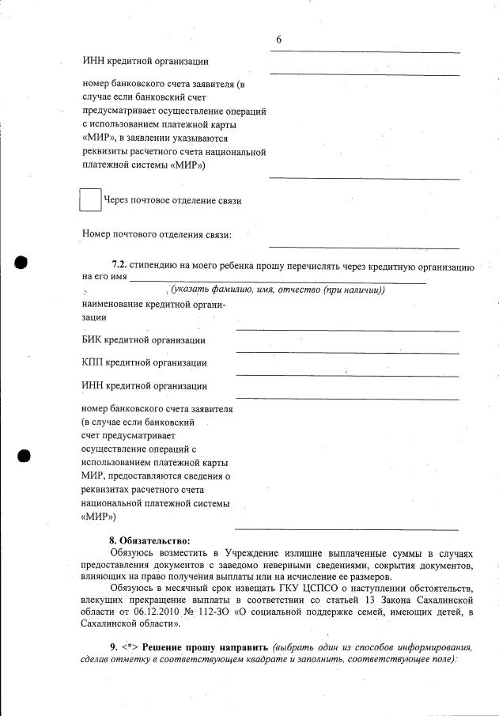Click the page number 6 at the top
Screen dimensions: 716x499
tap(279, 40)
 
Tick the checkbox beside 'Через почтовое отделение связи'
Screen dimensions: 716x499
tap(91, 200)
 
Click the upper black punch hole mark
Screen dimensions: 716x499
tap(22, 261)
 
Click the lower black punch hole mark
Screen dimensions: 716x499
tap(22, 456)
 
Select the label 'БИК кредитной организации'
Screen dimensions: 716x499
tap(144, 340)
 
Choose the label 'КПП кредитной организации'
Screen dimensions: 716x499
tap(144, 363)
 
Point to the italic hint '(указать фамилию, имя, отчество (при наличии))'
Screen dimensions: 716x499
tap(271, 290)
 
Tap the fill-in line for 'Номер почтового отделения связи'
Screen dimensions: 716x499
tap(364, 247)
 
